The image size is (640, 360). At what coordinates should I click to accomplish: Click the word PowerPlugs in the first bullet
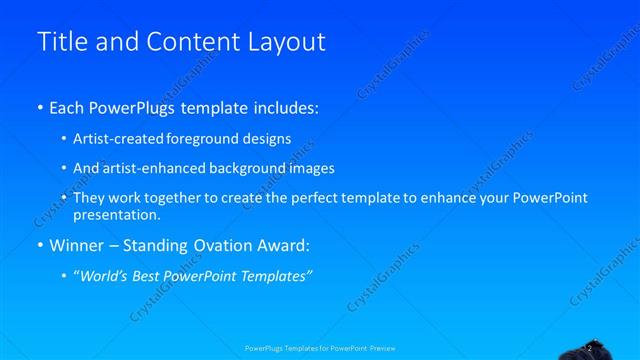(x=142, y=105)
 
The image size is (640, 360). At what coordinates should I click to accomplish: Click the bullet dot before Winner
(x=40, y=245)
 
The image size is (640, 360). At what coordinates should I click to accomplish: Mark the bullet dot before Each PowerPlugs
(x=40, y=106)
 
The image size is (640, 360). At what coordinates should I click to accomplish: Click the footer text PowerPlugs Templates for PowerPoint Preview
(x=320, y=348)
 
